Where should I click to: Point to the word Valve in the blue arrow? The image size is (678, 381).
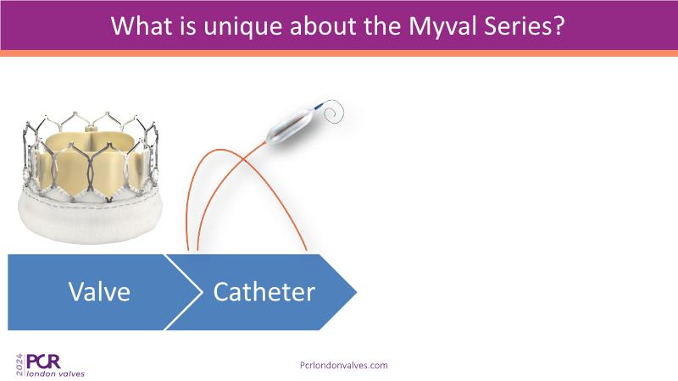coord(99,291)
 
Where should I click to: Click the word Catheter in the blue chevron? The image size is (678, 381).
coord(264,291)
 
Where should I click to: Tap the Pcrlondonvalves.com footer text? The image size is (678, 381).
coord(344,365)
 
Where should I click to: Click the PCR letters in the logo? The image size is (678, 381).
coord(43,362)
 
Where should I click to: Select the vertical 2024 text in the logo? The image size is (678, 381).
coord(19,365)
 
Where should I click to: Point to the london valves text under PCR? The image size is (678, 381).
coord(55,373)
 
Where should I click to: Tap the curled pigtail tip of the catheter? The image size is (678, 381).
coord(333,111)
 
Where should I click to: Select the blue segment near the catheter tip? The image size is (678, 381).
coord(319,106)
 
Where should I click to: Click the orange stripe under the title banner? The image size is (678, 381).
coord(339,53)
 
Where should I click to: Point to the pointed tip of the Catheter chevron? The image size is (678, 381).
coord(356,292)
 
